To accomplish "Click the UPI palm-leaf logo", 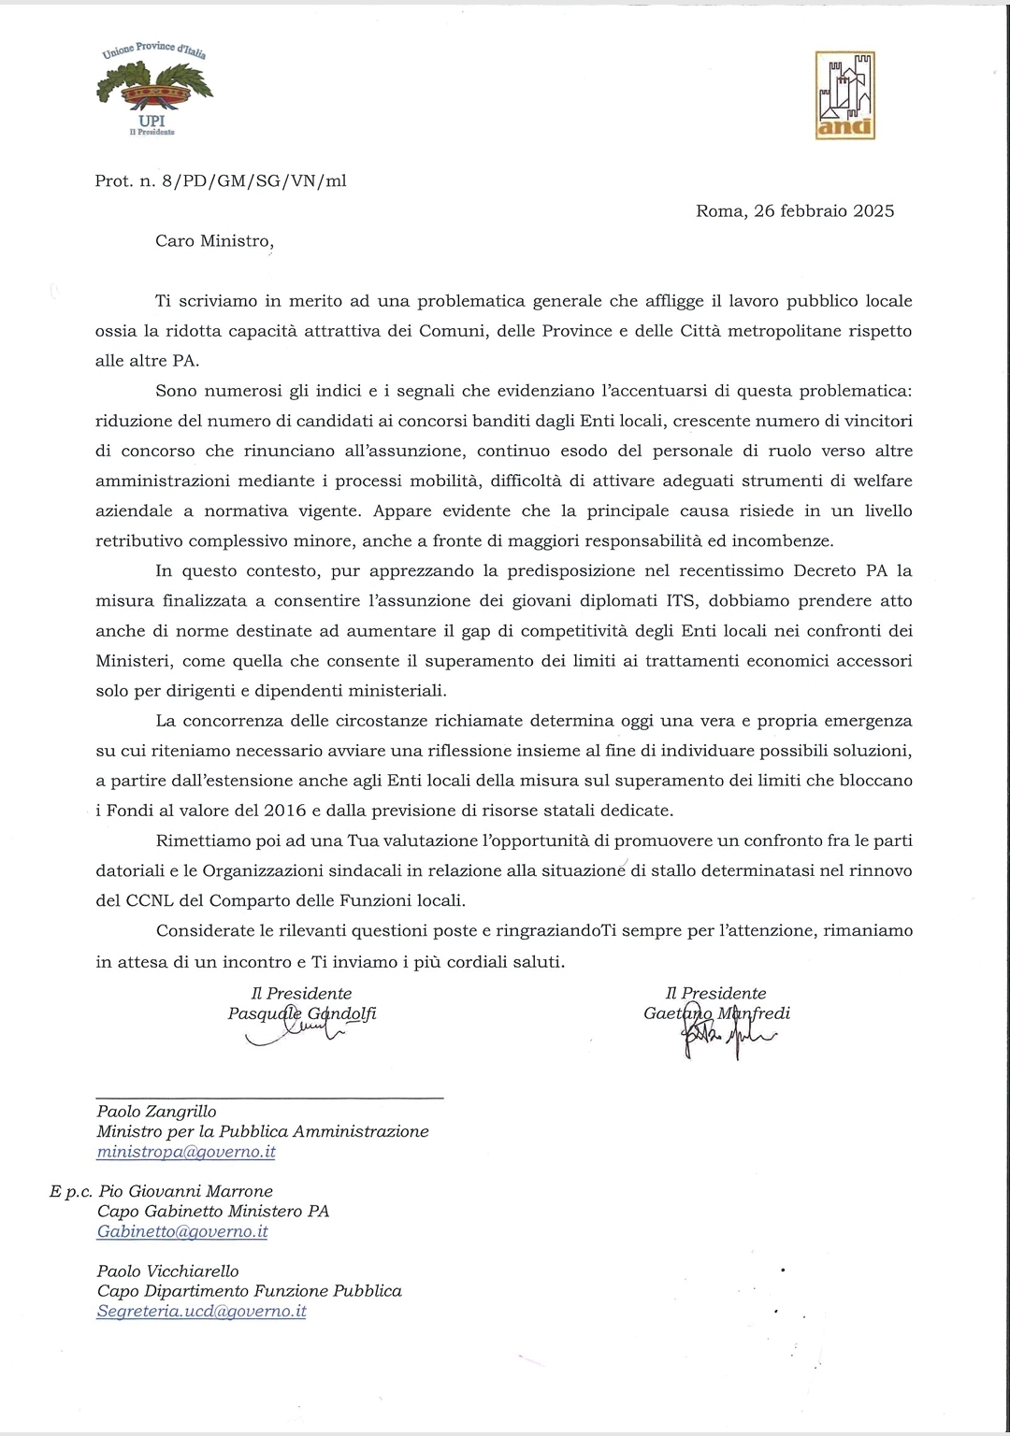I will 154,90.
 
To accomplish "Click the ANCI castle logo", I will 845,95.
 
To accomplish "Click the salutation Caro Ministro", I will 214,240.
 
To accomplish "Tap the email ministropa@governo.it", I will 186,1152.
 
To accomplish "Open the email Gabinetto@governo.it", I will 182,1231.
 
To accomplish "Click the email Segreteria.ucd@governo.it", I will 201,1311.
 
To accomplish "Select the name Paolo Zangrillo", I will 156,1112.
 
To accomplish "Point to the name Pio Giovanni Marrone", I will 185,1191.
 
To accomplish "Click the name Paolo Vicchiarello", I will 167,1271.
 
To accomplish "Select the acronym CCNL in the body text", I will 150,900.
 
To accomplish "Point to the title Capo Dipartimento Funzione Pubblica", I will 249,1291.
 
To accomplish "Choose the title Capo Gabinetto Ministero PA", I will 212,1212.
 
